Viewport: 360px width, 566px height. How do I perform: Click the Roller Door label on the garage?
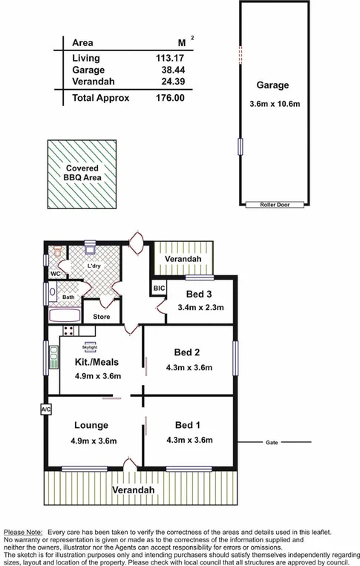point(273,205)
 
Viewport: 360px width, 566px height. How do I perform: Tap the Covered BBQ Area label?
point(82,174)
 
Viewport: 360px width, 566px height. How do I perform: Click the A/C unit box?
point(45,409)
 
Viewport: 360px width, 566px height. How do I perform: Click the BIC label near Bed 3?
point(158,288)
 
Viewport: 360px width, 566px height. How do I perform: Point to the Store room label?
point(101,317)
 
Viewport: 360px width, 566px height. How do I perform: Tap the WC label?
point(55,274)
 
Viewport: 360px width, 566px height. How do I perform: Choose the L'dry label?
point(94,266)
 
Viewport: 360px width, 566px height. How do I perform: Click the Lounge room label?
point(91,425)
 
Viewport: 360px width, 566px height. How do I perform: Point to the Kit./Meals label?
point(97,362)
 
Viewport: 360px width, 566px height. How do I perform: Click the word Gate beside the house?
point(272,443)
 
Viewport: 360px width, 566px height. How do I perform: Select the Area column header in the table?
point(82,42)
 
